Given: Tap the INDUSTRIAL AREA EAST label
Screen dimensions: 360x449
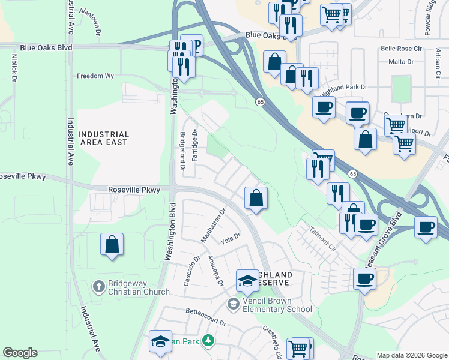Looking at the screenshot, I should (x=104, y=139).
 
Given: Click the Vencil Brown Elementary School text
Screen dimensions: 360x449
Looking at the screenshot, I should (x=277, y=305).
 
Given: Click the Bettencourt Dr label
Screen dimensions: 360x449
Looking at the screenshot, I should (x=205, y=323).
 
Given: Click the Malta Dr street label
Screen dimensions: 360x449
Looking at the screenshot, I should (x=402, y=61).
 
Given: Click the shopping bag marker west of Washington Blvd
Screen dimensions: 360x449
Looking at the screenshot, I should (x=112, y=245).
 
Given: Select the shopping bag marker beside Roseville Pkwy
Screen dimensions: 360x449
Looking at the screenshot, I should (x=256, y=199).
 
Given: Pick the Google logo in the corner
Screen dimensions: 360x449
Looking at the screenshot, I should (x=20, y=353).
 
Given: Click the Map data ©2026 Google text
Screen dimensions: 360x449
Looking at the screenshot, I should (x=411, y=355).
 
